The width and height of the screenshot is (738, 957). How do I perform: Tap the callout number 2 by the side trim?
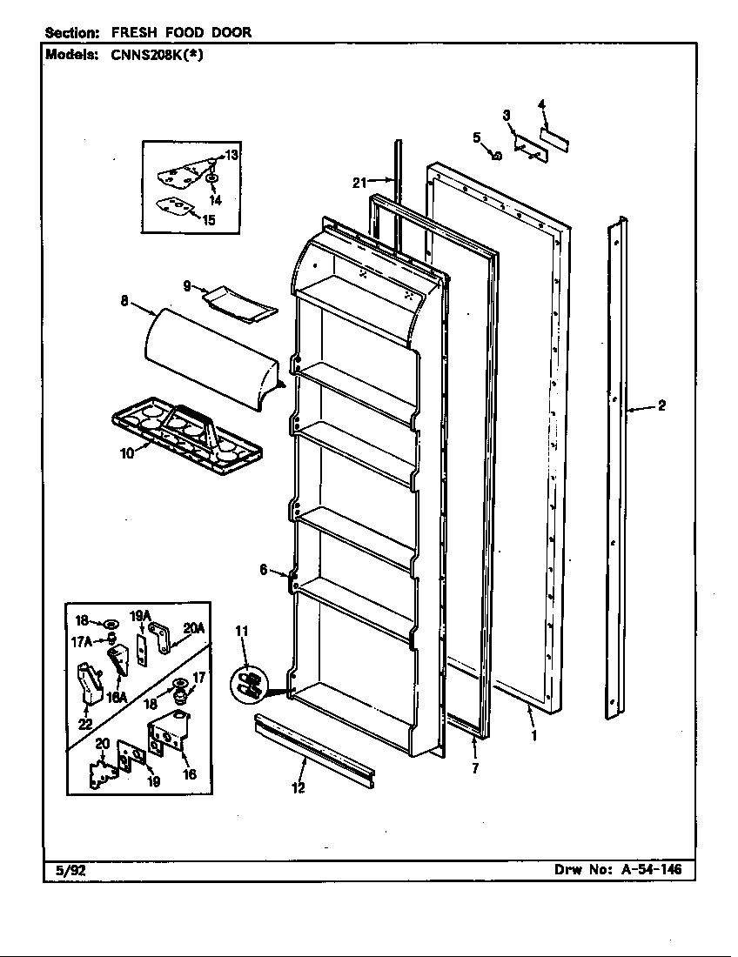(x=661, y=405)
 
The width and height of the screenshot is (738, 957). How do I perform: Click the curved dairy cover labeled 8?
(x=209, y=352)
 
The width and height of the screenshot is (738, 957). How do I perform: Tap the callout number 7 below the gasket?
(x=475, y=768)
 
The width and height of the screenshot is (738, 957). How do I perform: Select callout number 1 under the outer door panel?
(x=533, y=733)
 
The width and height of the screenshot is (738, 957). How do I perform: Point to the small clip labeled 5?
(x=496, y=156)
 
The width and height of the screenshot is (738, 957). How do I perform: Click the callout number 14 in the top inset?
(x=215, y=200)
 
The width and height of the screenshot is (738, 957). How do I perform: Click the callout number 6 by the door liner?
(x=263, y=570)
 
